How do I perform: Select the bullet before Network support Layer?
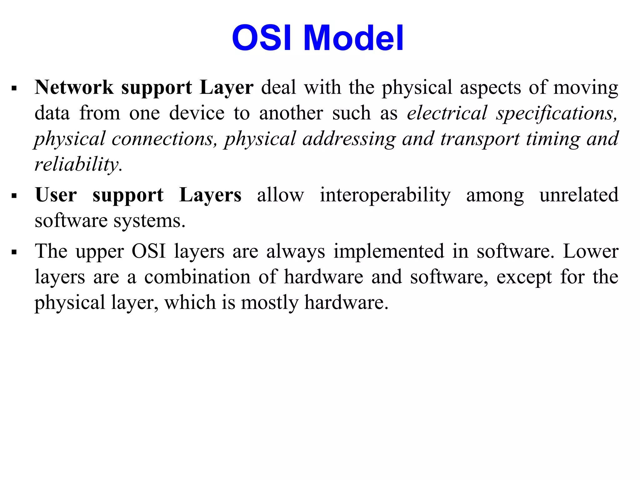coord(14,88)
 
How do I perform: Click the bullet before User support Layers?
coord(14,196)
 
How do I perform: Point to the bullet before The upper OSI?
coord(14,252)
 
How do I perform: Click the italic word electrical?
coord(447,113)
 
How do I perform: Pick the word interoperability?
coord(385,195)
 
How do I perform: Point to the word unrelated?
coord(579,195)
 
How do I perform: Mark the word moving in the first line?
coord(586,88)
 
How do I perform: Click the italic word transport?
coord(480,139)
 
